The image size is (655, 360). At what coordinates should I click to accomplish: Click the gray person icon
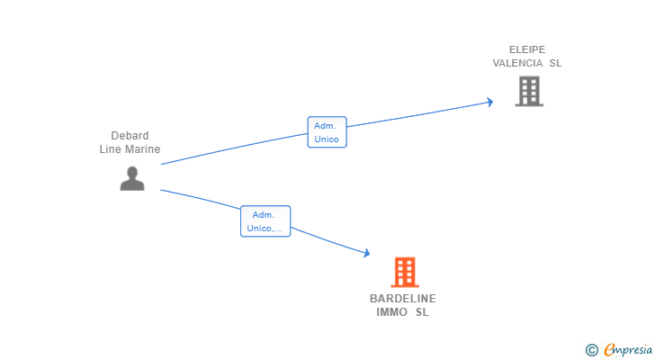(132, 178)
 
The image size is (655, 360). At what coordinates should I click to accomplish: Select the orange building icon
(405, 272)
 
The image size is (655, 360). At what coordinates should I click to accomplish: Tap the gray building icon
(529, 91)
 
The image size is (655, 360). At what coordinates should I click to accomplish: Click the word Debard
(130, 136)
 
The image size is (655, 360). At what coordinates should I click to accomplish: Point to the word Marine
(142, 149)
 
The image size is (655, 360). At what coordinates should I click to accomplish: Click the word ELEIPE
(527, 49)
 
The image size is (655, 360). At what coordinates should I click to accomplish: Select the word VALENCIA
(517, 63)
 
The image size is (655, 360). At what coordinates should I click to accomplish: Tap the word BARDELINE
(403, 299)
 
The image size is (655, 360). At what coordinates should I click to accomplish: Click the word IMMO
(391, 312)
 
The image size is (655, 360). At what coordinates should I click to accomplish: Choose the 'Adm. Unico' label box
(327, 132)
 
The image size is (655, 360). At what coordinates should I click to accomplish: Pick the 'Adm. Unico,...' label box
(265, 221)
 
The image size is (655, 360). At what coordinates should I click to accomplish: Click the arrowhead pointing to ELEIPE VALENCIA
(489, 102)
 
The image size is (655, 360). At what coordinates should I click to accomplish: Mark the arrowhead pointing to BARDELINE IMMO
(366, 254)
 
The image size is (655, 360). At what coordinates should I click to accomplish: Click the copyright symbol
(591, 350)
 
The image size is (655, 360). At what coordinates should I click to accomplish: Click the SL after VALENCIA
(555, 63)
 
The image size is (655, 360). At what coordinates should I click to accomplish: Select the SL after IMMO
(422, 312)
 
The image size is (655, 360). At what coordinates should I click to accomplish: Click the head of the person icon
(132, 172)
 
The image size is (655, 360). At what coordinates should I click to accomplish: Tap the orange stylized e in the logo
(609, 350)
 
